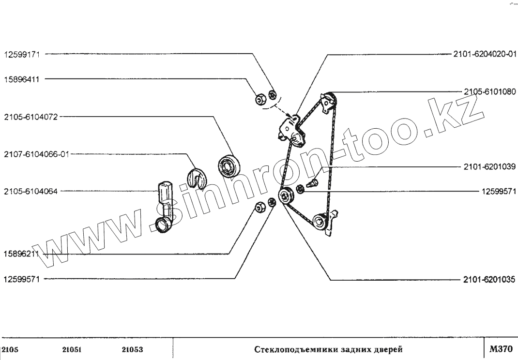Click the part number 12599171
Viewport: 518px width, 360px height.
pyautogui.click(x=24, y=55)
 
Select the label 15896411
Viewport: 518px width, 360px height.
pyautogui.click(x=24, y=79)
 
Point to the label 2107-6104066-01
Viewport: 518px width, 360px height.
pyautogui.click(x=36, y=154)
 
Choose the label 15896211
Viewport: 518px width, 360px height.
pyautogui.click(x=24, y=253)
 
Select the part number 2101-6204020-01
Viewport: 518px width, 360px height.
pyautogui.click(x=484, y=55)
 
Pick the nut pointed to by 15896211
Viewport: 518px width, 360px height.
pyautogui.click(x=259, y=207)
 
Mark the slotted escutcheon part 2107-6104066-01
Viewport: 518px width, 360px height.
pyautogui.click(x=197, y=177)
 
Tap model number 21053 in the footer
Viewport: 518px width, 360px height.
pyautogui.click(x=132, y=349)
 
